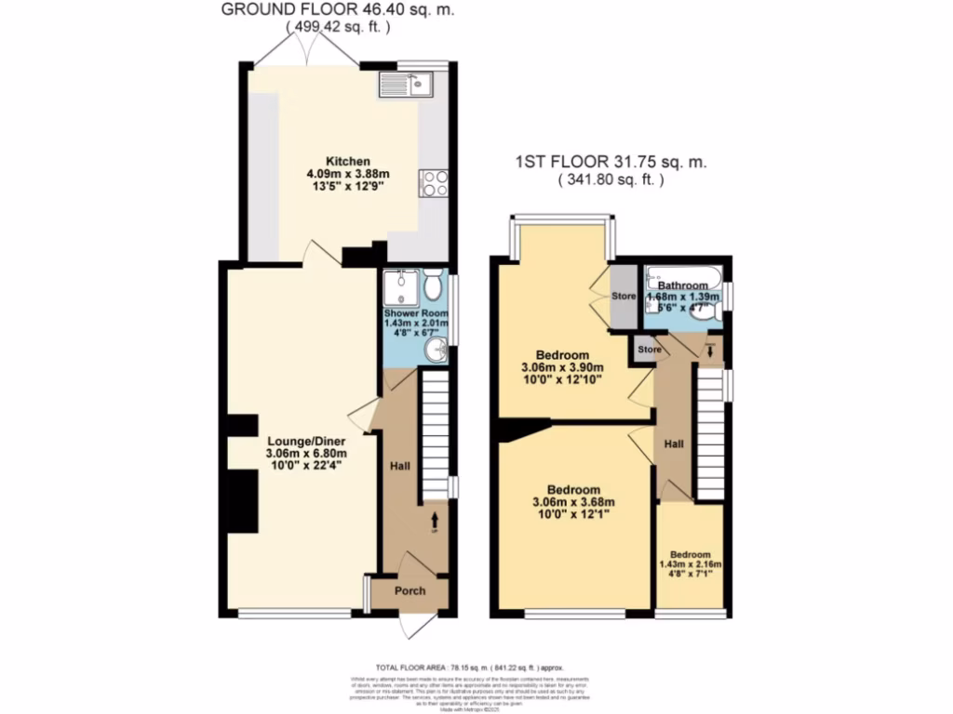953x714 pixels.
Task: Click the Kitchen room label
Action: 329,161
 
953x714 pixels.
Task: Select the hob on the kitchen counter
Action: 433,183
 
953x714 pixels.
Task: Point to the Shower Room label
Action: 416,313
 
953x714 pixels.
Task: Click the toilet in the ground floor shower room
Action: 433,280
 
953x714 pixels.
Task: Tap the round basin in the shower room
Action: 435,350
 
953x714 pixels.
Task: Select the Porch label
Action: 410,590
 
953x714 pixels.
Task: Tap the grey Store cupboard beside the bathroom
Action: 623,297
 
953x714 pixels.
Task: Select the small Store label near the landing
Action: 649,350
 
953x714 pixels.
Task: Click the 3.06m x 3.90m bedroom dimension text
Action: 561,368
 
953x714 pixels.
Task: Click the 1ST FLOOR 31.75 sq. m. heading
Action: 611,162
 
